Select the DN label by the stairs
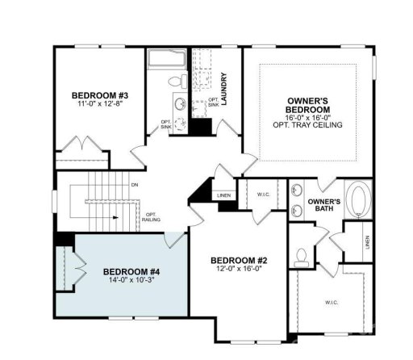coord(134,185)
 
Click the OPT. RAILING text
coord(152,216)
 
